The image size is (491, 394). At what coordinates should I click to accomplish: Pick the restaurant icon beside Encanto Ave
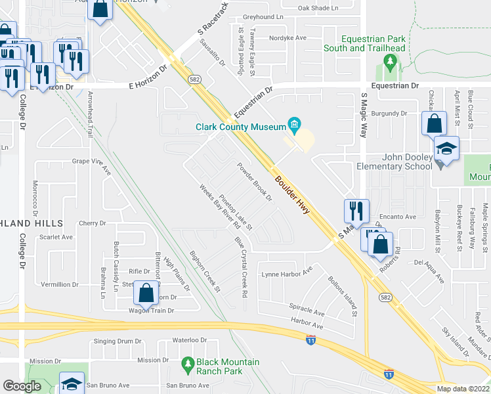click(x=356, y=211)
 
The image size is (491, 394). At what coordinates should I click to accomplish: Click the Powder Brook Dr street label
click(x=255, y=182)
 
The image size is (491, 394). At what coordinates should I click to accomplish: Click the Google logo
click(x=22, y=385)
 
